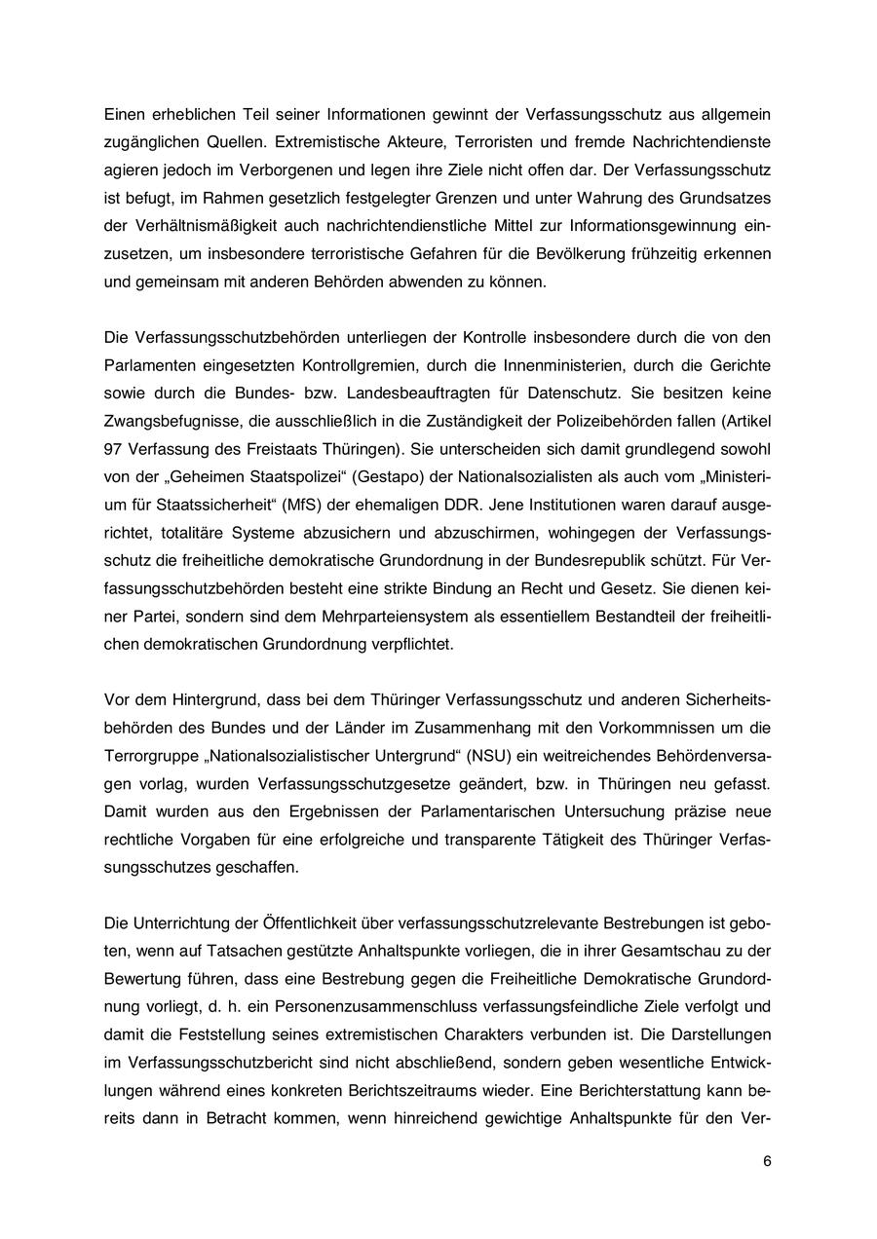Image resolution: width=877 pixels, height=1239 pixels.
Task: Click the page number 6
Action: (x=767, y=1161)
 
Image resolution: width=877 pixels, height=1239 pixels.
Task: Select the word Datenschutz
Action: (x=564, y=394)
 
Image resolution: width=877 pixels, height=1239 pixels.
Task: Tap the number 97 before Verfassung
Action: (x=112, y=450)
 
